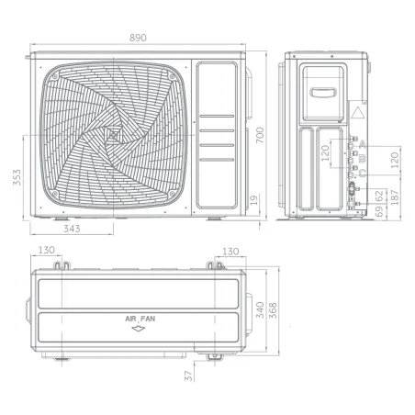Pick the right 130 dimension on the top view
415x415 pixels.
[x=230, y=251]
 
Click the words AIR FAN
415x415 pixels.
[x=140, y=319]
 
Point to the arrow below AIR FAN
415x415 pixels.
[x=140, y=327]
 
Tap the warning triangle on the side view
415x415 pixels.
[x=356, y=116]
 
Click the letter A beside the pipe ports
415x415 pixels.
[x=363, y=144]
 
